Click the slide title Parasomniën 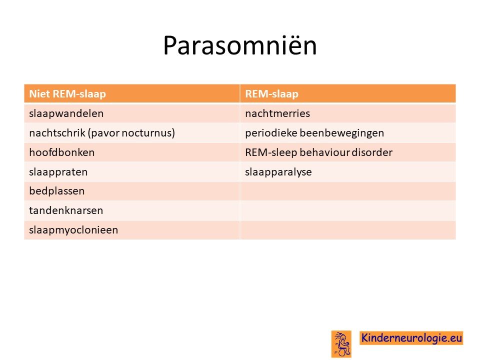pos(239,45)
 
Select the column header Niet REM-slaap pos(67,93)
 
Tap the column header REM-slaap pos(271,93)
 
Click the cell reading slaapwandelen pos(66,113)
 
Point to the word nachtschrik pos(57,133)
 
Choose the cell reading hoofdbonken pos(62,152)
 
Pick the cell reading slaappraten pos(58,172)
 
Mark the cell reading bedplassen pos(56,191)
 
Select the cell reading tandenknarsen pos(66,210)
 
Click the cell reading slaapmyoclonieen pos(73,230)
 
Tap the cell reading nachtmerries pos(277,113)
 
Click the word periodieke pos(270,133)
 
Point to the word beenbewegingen pos(341,133)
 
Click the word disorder pos(372,152)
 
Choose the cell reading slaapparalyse pos(278,172)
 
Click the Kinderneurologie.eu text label pos(411,338)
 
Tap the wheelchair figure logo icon pos(341,344)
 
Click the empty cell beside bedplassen pos(348,191)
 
